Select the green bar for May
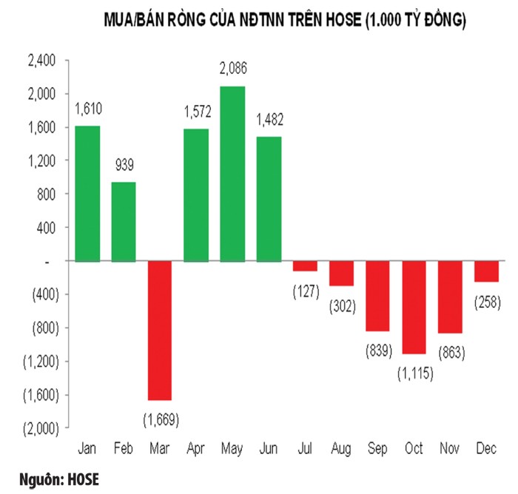point(232,174)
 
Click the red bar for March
point(160,330)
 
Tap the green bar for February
point(124,221)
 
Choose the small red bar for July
point(305,265)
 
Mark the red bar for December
point(486,271)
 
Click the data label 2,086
point(232,70)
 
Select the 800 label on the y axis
point(47,194)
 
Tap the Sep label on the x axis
point(377,449)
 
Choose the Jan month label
point(87,449)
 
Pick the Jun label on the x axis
point(269,449)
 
